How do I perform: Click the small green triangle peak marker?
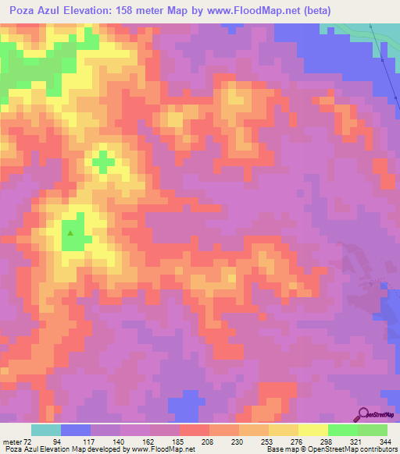(x=71, y=232)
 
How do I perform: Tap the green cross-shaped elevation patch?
(x=103, y=161)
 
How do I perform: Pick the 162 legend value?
(x=160, y=442)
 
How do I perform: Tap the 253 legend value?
(x=267, y=442)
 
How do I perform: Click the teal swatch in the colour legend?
(x=46, y=430)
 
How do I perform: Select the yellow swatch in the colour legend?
(x=313, y=430)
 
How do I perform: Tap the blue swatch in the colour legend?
(x=76, y=430)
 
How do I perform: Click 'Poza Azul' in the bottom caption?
(x=20, y=450)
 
